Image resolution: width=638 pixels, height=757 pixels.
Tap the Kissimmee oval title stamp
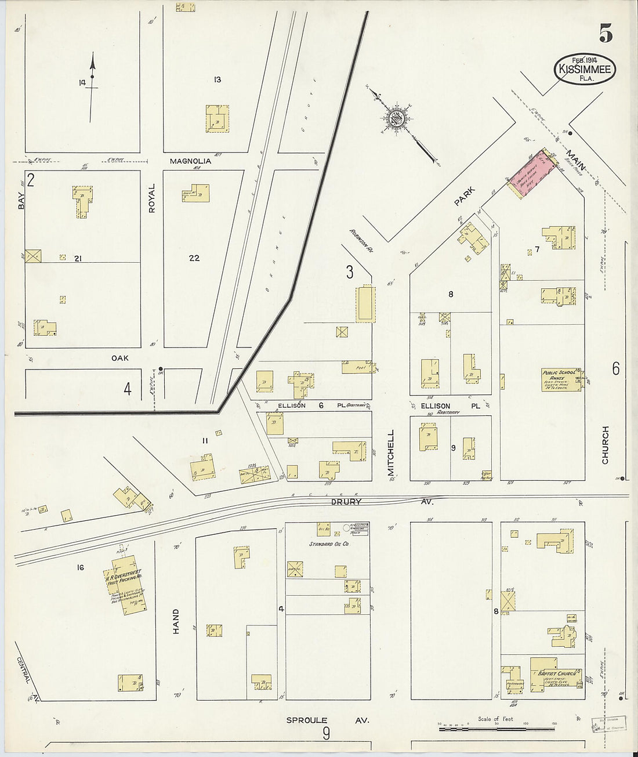(x=584, y=69)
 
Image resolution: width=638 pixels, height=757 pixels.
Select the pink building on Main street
(x=532, y=176)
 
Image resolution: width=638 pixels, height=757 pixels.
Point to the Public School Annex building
(x=560, y=379)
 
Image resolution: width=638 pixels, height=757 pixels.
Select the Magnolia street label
(x=190, y=161)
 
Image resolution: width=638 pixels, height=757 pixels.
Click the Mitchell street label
(x=391, y=453)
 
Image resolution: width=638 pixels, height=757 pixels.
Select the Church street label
(x=605, y=445)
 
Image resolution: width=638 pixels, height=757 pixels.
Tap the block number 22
(x=194, y=258)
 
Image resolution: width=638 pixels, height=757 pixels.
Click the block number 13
(x=217, y=79)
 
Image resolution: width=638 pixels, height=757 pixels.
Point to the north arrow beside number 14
(x=92, y=87)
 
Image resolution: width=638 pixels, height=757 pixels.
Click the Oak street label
(x=120, y=358)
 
